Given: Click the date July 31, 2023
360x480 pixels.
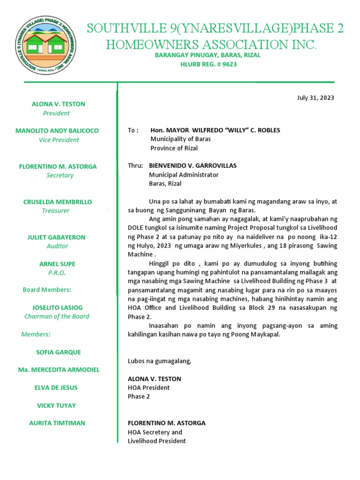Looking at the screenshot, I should [315, 98].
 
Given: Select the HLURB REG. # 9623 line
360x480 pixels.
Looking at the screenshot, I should [209, 64].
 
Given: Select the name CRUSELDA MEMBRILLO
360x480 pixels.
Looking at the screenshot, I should [58, 202].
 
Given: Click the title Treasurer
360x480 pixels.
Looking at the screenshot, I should [56, 210].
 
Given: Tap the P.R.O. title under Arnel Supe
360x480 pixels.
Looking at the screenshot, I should [57, 273].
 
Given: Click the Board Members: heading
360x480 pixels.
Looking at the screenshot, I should [47, 290].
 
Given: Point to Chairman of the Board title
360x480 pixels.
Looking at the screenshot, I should [57, 316].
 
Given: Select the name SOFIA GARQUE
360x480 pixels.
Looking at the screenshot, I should [59, 352].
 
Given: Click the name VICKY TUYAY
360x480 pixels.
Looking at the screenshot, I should [56, 405].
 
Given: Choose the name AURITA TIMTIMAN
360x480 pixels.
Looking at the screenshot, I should [57, 423].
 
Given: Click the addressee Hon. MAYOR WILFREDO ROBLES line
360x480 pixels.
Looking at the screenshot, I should [215, 130].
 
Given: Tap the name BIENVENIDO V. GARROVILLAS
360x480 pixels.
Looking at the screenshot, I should [193, 165].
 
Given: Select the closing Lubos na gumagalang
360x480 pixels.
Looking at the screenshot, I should [159, 361].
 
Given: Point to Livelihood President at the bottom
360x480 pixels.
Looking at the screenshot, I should [157, 441].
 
